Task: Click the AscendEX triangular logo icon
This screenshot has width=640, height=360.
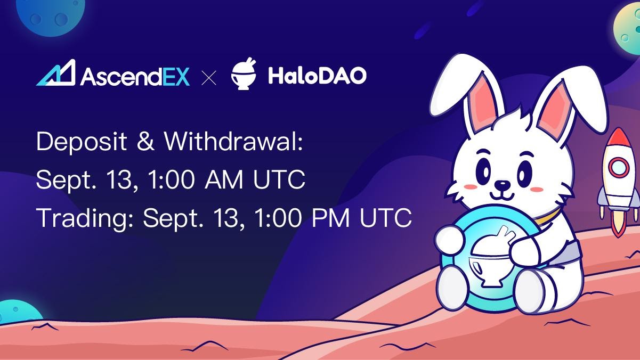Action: coord(56,73)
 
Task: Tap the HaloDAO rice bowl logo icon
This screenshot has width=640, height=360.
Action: coord(244,73)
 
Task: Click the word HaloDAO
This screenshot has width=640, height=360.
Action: coord(317,76)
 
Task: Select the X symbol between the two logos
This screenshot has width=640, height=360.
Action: coord(209,78)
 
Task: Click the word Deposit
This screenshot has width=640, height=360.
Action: coord(82,142)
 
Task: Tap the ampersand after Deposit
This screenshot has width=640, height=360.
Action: coord(145,141)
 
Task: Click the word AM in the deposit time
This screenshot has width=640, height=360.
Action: coord(224,179)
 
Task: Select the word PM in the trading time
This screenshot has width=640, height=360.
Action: coord(330,218)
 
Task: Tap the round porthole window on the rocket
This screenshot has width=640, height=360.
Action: coord(619,167)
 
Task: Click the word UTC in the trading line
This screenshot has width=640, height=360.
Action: coord(386,218)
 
